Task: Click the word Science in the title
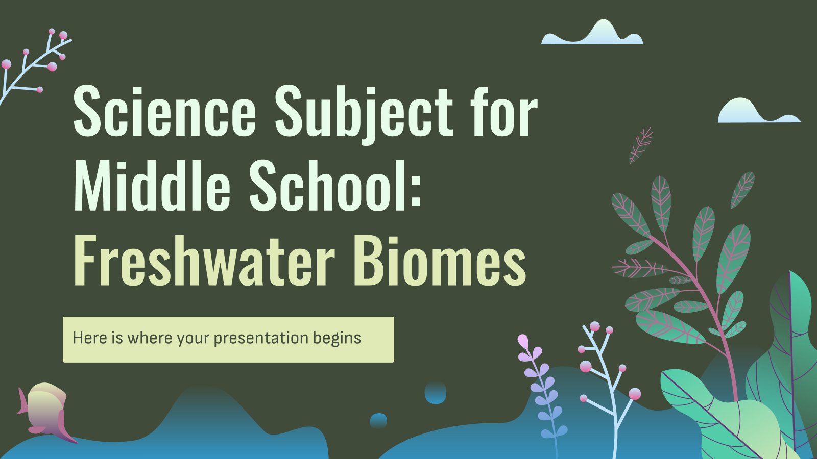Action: click(165, 112)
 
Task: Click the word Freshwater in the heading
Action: click(204, 260)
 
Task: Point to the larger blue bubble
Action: click(436, 393)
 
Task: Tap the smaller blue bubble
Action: click(378, 420)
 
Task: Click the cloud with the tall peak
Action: click(592, 33)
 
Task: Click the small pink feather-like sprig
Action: click(641, 145)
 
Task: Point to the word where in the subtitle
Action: click(150, 338)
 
